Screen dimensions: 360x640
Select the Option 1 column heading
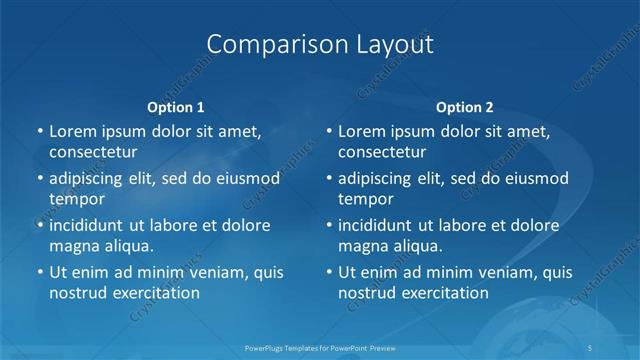tap(176, 107)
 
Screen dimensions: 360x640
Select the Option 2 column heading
tap(465, 107)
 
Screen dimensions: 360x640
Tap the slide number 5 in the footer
tap(592, 347)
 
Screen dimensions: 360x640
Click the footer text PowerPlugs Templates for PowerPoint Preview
tap(319, 347)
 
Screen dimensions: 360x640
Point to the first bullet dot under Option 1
tap(39, 131)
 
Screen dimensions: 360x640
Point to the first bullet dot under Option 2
tap(328, 131)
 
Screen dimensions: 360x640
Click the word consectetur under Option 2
tap(382, 152)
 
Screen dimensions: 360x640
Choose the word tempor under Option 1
tap(77, 198)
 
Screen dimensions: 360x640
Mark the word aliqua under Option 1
tap(127, 245)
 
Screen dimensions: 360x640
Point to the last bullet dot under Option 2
tap(328, 272)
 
